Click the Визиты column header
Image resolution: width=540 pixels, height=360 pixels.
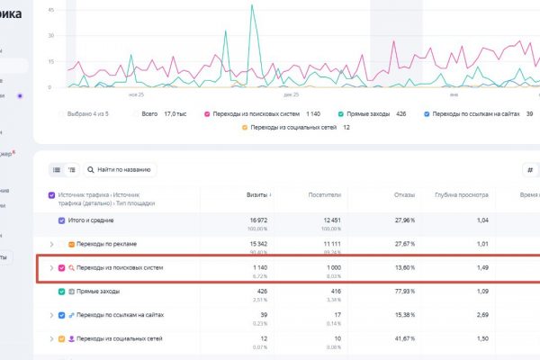tap(257, 194)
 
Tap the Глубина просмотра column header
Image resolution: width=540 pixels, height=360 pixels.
tap(461, 194)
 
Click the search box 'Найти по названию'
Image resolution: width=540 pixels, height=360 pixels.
tap(120, 169)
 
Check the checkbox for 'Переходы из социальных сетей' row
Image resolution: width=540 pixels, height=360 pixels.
tap(60, 339)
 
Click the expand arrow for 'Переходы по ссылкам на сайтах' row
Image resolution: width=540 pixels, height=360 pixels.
tap(50, 316)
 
